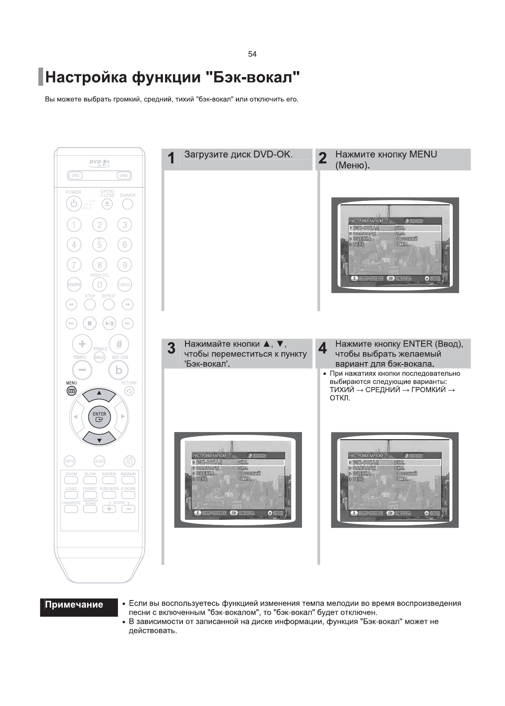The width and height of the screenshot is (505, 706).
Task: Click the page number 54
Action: pyautogui.click(x=252, y=54)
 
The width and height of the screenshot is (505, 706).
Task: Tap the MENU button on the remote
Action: pyautogui.click(x=71, y=391)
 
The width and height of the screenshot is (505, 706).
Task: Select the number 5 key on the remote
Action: pyautogui.click(x=99, y=245)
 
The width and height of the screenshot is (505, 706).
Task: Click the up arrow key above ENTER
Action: pyautogui.click(x=99, y=393)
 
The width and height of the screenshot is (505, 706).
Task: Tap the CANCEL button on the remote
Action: pyautogui.click(x=125, y=285)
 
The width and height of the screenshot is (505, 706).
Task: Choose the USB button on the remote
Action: pyautogui.click(x=123, y=176)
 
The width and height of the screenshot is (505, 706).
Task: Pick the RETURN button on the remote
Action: pyautogui.click(x=129, y=391)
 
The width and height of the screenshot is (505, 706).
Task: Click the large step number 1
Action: pyautogui.click(x=171, y=159)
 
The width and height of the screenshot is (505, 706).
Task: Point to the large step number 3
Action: pyautogui.click(x=171, y=349)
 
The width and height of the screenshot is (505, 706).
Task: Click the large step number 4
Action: pyautogui.click(x=323, y=349)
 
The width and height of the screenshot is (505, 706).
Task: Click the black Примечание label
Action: pyautogui.click(x=74, y=605)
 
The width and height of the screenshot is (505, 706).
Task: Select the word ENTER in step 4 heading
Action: pyautogui.click(x=417, y=344)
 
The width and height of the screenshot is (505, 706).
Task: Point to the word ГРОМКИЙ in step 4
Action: pyautogui.click(x=429, y=390)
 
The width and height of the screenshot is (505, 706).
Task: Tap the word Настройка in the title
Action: pyautogui.click(x=86, y=77)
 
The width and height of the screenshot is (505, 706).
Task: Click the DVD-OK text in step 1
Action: pyautogui.click(x=272, y=155)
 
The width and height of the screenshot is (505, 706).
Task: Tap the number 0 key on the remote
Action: pyautogui.click(x=99, y=285)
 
